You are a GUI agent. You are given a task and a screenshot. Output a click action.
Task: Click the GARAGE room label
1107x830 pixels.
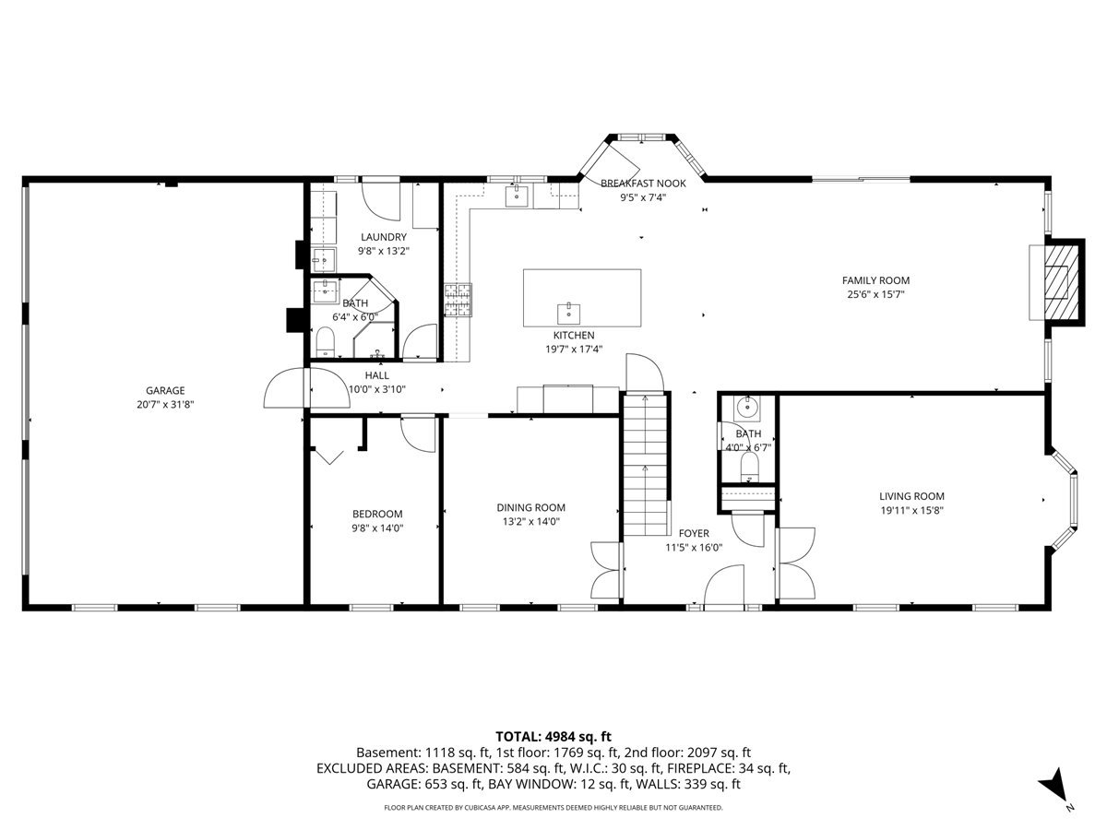[165, 390]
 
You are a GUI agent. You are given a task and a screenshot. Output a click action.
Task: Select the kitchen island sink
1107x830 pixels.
[569, 310]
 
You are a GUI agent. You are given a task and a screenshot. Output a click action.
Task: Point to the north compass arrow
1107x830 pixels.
[1055, 789]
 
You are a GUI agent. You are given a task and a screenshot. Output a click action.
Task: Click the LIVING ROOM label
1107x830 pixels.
[911, 496]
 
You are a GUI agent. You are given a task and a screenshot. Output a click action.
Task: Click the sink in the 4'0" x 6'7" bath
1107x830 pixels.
[748, 407]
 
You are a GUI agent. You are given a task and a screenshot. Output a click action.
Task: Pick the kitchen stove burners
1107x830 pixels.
[458, 301]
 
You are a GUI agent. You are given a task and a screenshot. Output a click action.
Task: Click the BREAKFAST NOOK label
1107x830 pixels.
[643, 184]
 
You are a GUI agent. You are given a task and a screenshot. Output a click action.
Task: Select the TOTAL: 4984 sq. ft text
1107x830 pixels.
[553, 736]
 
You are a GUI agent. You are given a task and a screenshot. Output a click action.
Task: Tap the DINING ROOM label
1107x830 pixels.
[530, 507]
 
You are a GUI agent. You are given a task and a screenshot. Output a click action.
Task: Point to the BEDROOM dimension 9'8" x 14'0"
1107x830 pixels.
[377, 528]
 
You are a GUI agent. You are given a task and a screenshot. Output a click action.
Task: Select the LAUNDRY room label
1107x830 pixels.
[383, 237]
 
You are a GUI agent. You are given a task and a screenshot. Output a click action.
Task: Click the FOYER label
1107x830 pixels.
[694, 533]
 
